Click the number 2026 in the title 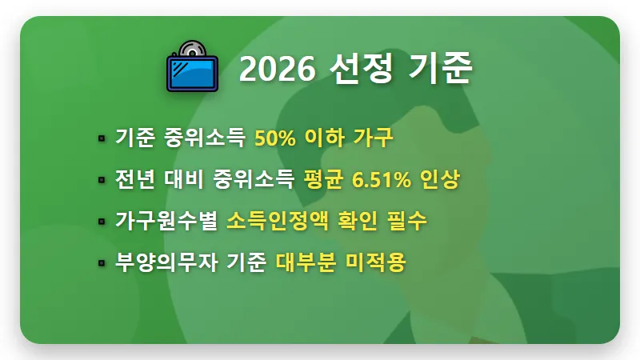click(278, 70)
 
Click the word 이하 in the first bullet click(324, 138)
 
